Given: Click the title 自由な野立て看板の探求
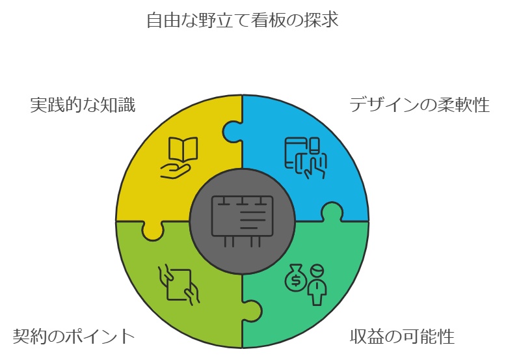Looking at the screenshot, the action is coord(243,20).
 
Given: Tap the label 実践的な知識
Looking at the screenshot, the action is coord(83,105).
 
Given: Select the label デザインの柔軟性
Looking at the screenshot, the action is coord(419,105).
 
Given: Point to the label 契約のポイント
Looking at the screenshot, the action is coord(73,337).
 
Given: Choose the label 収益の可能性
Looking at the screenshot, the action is coord(402,337).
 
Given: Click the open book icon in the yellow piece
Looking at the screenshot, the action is coord(183,149).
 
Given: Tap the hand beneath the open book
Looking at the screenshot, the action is coord(175,171).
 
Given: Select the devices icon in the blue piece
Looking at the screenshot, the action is coord(306,158).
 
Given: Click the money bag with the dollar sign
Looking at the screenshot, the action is coord(295,278).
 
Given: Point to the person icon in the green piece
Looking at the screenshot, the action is coord(317,285).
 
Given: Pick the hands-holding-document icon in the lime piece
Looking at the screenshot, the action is coord(179,284).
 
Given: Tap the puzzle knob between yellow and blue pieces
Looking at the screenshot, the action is coord(232,132).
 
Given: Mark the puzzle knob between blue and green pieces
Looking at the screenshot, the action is coord(332,212).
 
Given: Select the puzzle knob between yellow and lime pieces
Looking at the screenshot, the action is coord(153,231).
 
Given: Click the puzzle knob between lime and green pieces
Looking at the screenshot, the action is coord(252,311).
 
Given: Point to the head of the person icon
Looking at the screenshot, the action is coord(317,271).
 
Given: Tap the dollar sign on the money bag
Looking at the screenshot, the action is coord(295,281).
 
